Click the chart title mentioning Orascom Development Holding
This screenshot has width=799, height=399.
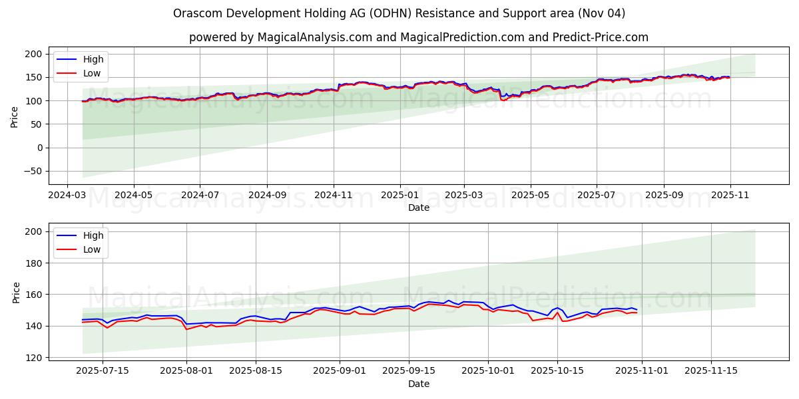[x=399, y=13]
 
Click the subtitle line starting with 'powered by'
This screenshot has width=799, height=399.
[x=418, y=37]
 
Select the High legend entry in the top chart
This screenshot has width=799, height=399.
[x=93, y=59]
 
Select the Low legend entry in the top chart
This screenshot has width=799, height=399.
[x=92, y=73]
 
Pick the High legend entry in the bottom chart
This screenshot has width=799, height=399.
[x=93, y=235]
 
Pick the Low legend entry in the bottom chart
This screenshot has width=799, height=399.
[x=92, y=249]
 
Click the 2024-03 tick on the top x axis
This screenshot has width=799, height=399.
[x=67, y=196]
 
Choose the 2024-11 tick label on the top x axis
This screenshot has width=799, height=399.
[x=333, y=196]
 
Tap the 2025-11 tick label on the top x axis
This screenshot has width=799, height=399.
[x=730, y=196]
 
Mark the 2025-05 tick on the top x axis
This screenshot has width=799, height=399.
[x=530, y=196]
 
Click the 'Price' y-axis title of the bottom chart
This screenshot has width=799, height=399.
[x=16, y=292]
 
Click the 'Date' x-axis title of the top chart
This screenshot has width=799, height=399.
[x=418, y=207]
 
